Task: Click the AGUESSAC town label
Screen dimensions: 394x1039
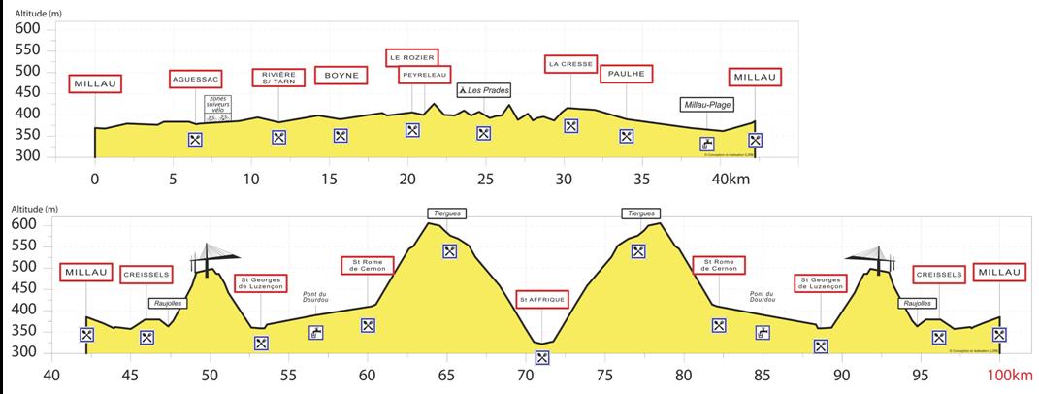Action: tap(195, 79)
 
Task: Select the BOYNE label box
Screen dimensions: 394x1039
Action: tap(341, 75)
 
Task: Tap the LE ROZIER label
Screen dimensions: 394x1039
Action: tap(412, 57)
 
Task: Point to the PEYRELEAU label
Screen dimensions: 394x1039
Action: tap(424, 75)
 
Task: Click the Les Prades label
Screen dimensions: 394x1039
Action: tap(484, 90)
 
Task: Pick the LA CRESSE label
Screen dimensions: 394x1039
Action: tap(570, 65)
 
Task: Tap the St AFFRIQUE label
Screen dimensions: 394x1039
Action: tap(541, 299)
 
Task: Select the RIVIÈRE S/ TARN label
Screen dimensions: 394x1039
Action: tap(278, 79)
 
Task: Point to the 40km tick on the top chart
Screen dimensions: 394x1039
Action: tap(730, 180)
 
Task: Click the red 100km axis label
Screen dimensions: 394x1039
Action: tap(1009, 376)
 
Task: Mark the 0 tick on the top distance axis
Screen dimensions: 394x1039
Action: tap(94, 180)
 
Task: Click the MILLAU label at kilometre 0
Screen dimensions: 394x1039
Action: tap(95, 83)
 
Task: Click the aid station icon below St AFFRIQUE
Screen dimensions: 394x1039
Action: tap(542, 357)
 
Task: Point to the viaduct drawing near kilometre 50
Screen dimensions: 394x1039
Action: tap(211, 258)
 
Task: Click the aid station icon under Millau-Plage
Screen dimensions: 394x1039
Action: tap(707, 144)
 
